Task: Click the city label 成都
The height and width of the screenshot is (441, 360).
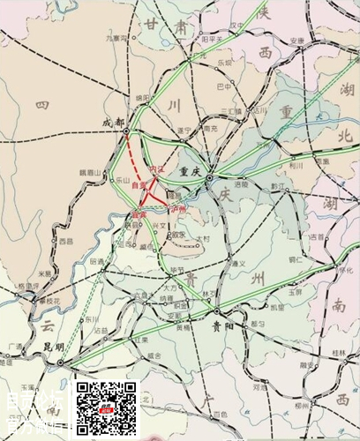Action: tap(114, 122)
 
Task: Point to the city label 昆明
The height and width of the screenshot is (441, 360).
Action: tap(53, 346)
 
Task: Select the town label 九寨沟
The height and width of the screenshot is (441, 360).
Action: tap(116, 39)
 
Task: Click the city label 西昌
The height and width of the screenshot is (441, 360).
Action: tap(65, 240)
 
